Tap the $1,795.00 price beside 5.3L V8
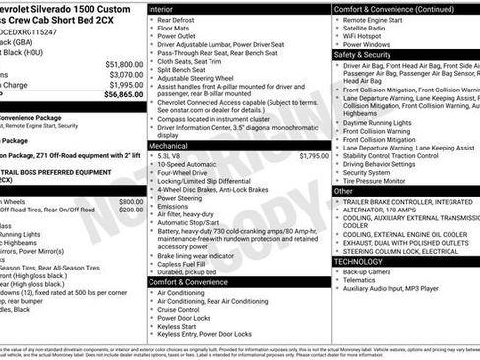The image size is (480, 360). [x=313, y=155]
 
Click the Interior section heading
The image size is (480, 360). [x=161, y=8]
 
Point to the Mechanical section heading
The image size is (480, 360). [x=168, y=145]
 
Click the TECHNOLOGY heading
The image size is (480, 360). [x=357, y=262]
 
